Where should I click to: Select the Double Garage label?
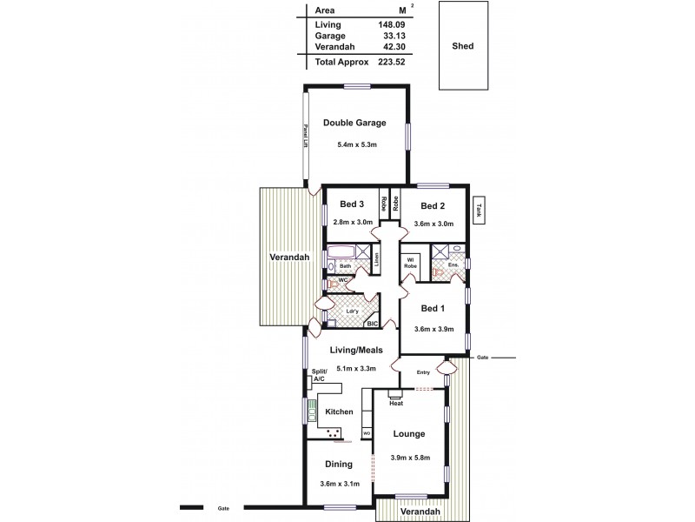click(354, 123)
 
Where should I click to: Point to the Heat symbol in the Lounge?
click(395, 403)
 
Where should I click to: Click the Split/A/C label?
click(320, 377)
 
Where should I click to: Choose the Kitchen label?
click(338, 412)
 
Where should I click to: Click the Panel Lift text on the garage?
click(306, 137)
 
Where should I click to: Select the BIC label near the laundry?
click(373, 324)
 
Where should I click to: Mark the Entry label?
click(423, 373)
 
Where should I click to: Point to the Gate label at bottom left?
click(222, 507)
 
